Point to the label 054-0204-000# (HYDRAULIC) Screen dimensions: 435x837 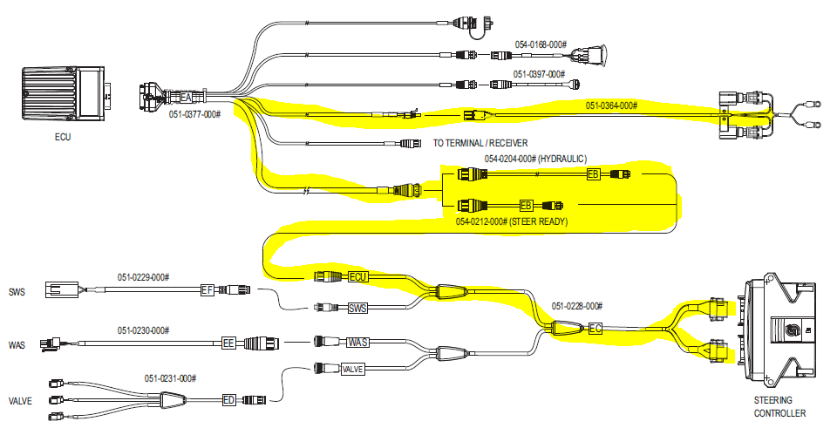(536, 159)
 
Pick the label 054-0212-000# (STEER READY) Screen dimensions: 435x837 (512, 222)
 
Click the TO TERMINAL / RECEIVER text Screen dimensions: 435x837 (480, 142)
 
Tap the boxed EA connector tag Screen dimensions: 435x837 (186, 97)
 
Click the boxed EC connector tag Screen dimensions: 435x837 (595, 329)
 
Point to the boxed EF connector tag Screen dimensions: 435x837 (208, 289)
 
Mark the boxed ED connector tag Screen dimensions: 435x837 (229, 400)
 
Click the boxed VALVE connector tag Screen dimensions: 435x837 (352, 370)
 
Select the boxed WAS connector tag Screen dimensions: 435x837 (357, 343)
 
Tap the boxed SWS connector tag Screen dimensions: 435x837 (357, 309)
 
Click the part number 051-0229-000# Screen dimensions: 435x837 (144, 277)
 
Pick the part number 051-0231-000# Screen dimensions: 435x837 (170, 378)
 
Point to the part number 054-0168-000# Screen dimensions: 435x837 (541, 44)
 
